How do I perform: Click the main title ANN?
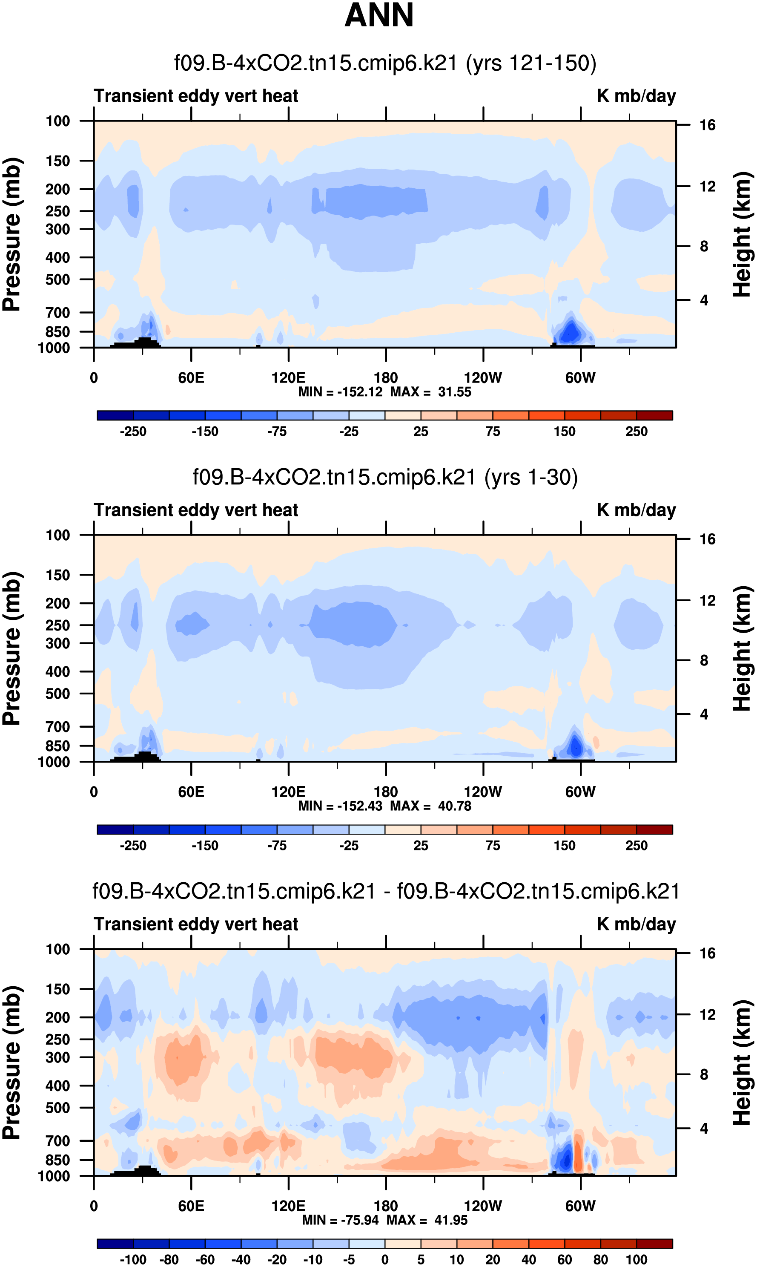378,15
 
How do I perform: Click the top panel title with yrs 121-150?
385,63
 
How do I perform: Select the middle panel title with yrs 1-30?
385,477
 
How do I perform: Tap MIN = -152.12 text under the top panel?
340,392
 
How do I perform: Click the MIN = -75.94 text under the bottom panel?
342,1220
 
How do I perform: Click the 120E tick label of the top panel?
288,378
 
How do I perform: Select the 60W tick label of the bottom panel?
580,1206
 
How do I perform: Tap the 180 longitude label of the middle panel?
386,792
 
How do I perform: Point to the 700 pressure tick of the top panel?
57,312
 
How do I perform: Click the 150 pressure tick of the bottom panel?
57,989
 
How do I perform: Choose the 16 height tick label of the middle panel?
708,539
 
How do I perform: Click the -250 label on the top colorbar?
133,432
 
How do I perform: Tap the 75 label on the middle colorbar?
493,846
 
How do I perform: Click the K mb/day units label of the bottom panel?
636,924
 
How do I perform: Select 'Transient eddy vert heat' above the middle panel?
196,510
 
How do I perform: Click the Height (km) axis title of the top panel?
742,235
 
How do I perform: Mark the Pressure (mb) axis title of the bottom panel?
11,1063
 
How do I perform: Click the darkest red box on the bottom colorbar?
654,1243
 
